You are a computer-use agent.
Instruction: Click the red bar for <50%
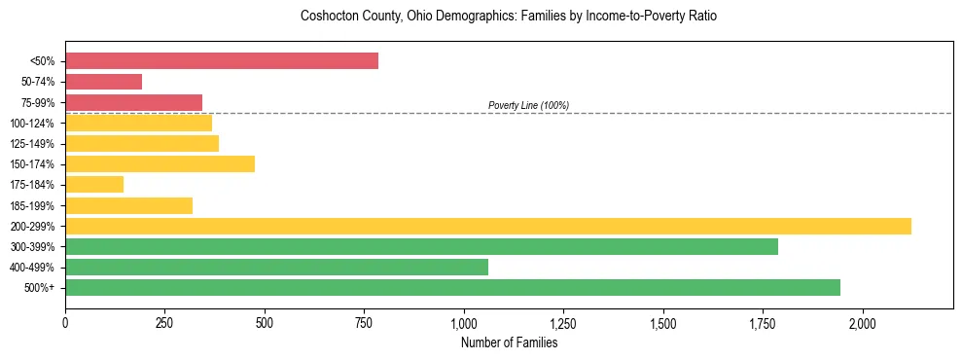tap(222, 61)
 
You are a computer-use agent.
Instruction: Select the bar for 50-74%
tap(103, 82)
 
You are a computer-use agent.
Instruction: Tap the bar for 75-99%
tap(133, 102)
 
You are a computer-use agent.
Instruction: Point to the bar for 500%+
tap(452, 287)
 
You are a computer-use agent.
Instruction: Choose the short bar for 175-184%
tap(94, 184)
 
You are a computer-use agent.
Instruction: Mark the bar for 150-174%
tap(160, 163)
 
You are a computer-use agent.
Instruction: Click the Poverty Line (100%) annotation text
tap(528, 105)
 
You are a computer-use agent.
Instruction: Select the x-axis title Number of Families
tap(509, 343)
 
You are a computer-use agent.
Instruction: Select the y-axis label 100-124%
tap(32, 124)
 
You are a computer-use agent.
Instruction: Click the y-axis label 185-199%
tap(32, 205)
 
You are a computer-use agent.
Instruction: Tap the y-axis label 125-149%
tap(32, 144)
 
